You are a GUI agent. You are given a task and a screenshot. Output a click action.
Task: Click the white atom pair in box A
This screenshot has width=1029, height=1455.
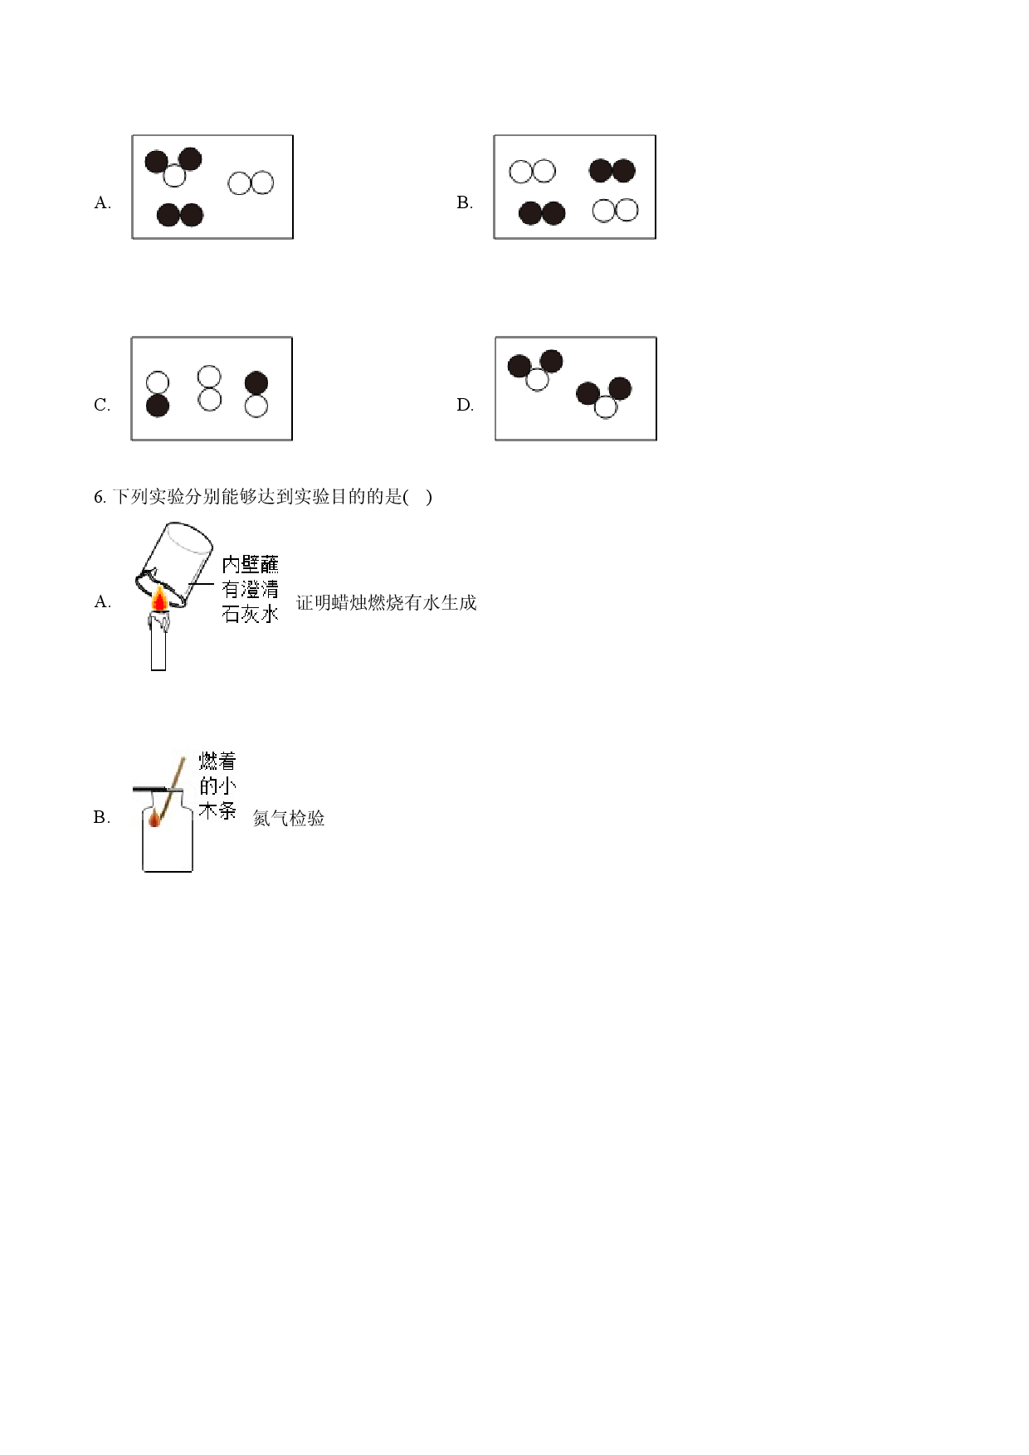(x=251, y=182)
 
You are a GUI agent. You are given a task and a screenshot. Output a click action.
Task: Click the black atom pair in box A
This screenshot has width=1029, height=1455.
(x=180, y=215)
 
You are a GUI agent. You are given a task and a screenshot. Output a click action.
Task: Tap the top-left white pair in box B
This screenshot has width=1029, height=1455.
(x=532, y=172)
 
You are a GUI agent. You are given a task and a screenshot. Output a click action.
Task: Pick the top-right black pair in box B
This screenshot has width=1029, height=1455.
(x=612, y=171)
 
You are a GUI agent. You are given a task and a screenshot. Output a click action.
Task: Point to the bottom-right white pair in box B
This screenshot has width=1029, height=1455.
(x=616, y=210)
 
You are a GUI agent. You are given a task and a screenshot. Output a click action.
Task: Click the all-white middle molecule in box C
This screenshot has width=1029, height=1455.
(x=210, y=388)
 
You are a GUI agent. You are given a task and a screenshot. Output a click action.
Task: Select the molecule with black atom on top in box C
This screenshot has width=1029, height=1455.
(x=256, y=394)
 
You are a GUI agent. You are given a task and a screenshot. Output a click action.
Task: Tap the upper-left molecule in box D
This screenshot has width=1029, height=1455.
(x=535, y=370)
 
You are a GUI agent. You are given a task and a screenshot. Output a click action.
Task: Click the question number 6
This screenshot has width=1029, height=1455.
(x=100, y=497)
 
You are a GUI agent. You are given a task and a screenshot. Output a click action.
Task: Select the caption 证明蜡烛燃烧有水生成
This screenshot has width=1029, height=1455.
(x=386, y=603)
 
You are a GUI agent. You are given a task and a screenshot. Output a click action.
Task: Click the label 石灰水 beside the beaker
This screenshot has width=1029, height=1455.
(x=250, y=615)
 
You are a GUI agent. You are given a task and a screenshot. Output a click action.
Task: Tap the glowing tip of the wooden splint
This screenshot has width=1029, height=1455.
(x=154, y=820)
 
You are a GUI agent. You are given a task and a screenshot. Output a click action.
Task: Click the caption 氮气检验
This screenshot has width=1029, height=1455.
(x=289, y=819)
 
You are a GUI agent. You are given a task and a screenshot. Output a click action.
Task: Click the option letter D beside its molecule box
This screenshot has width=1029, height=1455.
(x=465, y=406)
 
